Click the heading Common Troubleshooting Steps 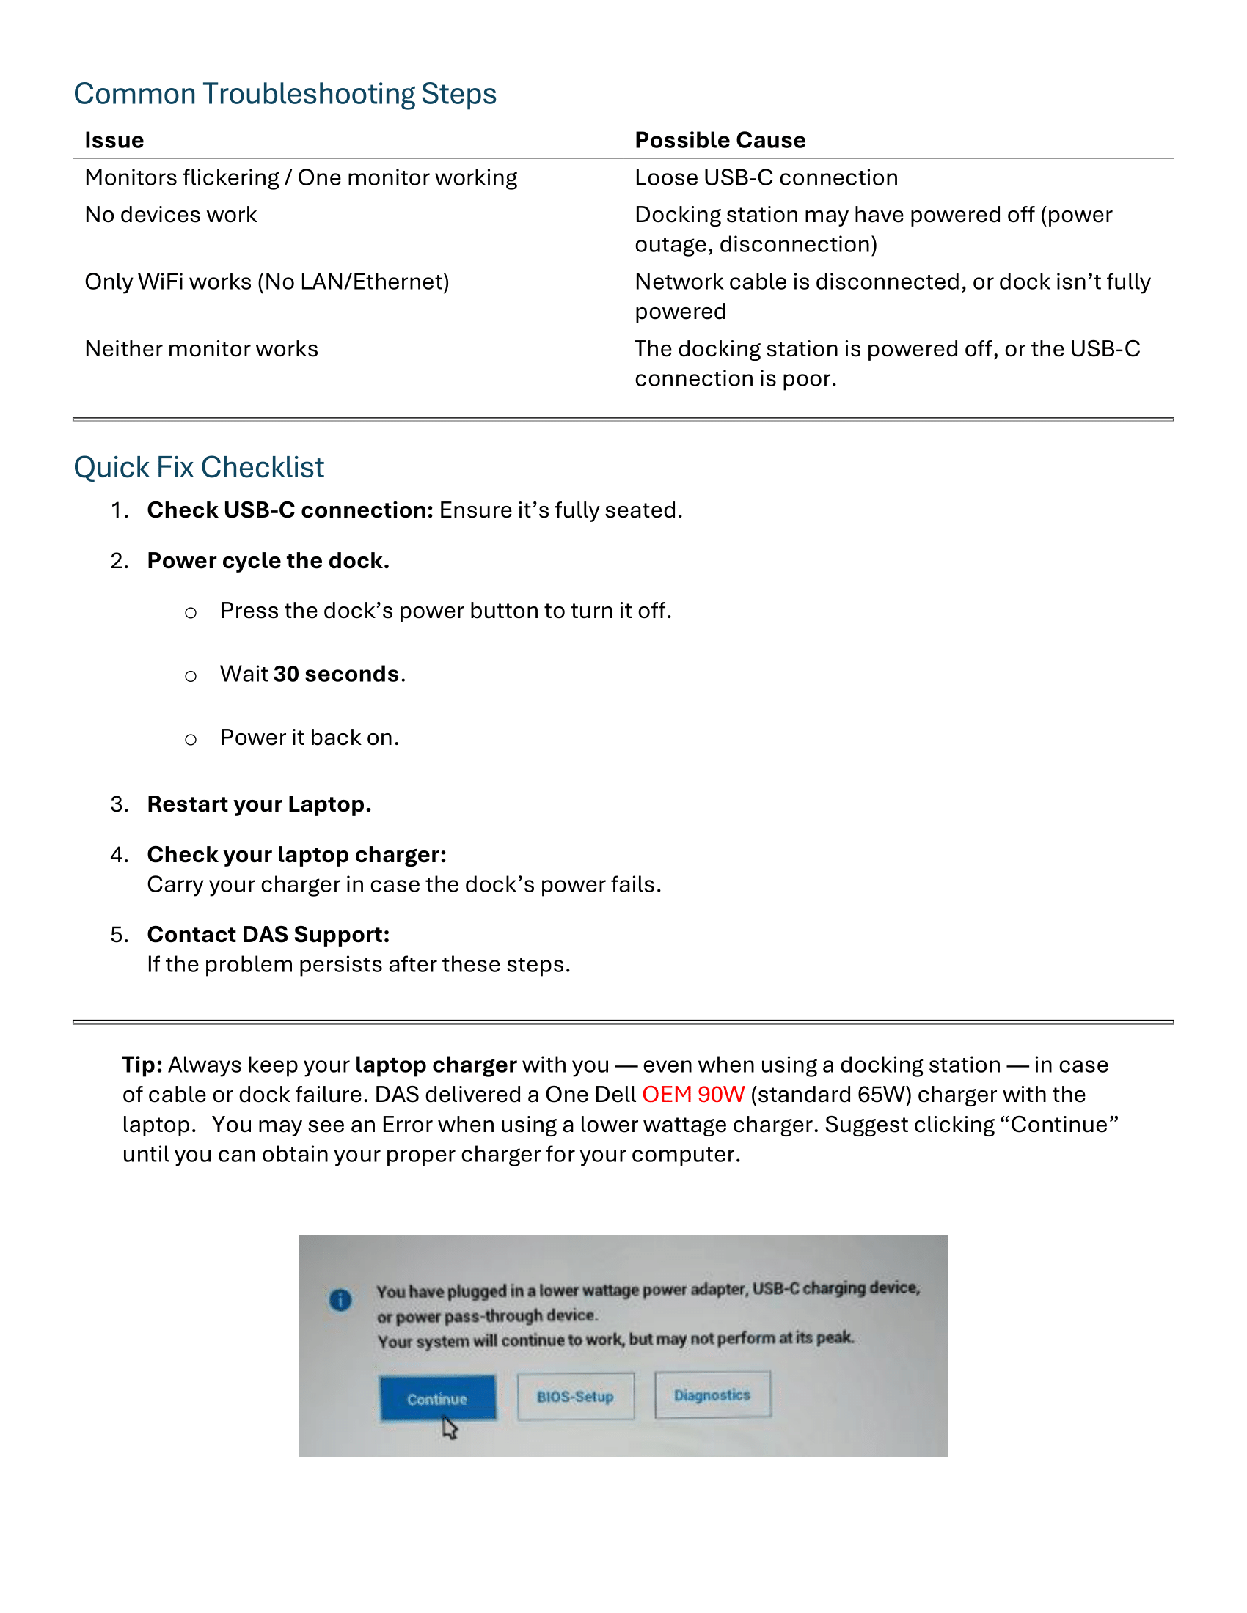[x=285, y=95]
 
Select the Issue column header [x=114, y=140]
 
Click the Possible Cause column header [x=720, y=140]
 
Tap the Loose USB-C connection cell [x=766, y=178]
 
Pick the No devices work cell [x=171, y=215]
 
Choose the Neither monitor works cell [x=201, y=348]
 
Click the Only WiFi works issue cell [x=267, y=282]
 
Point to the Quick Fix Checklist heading [x=199, y=468]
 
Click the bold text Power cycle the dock [x=268, y=561]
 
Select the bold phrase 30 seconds [x=336, y=675]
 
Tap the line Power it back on [x=310, y=738]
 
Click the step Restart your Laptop [x=258, y=804]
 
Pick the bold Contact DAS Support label [x=268, y=935]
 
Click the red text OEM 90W [x=693, y=1095]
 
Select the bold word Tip [x=142, y=1065]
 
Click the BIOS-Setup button [x=575, y=1397]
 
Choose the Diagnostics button [x=712, y=1395]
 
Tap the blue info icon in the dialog [x=340, y=1300]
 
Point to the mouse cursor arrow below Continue [x=449, y=1427]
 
